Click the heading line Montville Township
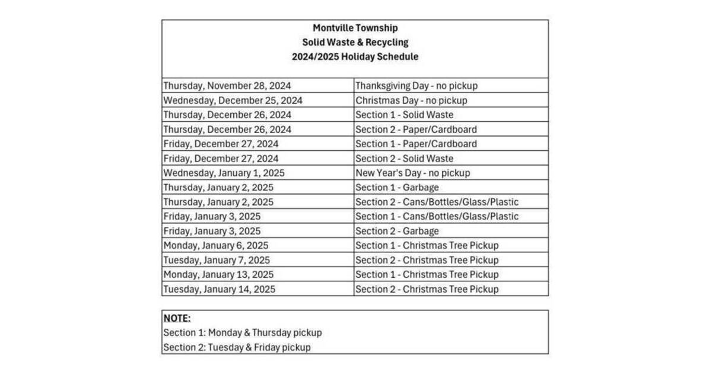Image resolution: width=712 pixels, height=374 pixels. click(x=355, y=28)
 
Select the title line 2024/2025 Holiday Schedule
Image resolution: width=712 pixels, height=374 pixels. click(x=355, y=57)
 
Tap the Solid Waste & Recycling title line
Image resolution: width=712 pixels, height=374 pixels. click(x=355, y=42)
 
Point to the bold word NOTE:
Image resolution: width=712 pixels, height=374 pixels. click(x=177, y=318)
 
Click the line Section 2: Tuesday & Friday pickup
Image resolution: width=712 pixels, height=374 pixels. click(x=237, y=347)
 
